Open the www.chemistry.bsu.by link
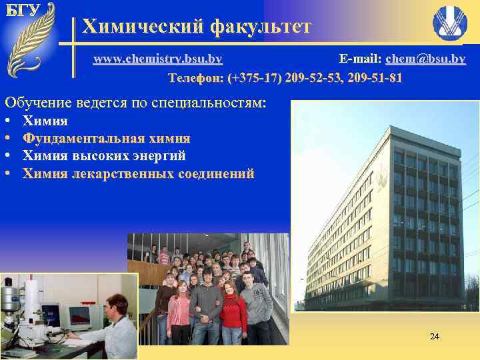coord(157,59)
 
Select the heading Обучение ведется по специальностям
coord(135,103)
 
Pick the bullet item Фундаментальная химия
coord(107,139)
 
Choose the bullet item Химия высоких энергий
coord(104,156)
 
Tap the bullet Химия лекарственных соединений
coord(139,174)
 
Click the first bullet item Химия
coord(45,121)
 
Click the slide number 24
coord(434,336)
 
